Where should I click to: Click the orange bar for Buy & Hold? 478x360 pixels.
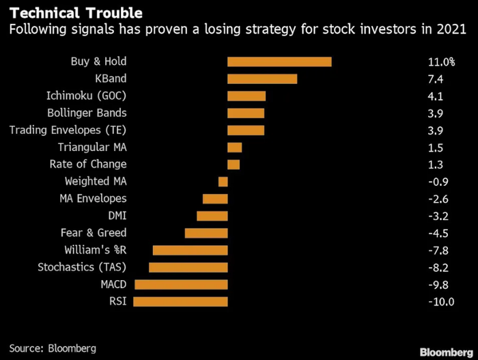[x=279, y=61]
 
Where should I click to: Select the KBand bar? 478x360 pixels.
[x=262, y=79]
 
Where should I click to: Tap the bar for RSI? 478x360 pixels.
[x=181, y=301]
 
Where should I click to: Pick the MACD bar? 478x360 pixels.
[x=181, y=284]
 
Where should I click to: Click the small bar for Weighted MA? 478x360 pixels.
[x=223, y=182]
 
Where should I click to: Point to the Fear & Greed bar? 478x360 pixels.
[x=206, y=233]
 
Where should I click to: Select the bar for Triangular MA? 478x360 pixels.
[x=235, y=148]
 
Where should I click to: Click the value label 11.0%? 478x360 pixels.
[x=441, y=62]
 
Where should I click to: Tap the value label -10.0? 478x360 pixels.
[x=441, y=301]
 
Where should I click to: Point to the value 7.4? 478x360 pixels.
[x=435, y=79]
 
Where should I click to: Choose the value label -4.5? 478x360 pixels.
[x=436, y=233]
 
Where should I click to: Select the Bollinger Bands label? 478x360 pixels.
[x=87, y=113]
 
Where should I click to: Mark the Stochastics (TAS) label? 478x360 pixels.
[x=82, y=267]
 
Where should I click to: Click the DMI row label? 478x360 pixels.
[x=117, y=216]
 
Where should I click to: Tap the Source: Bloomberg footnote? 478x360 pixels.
[x=53, y=348]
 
